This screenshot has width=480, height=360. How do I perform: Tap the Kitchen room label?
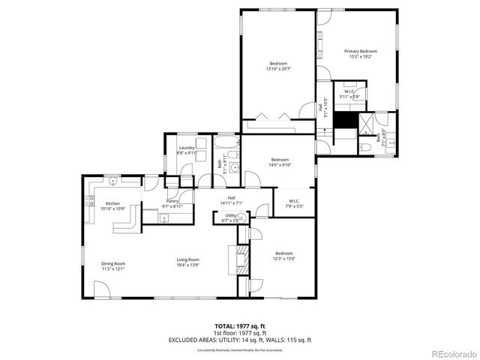(112, 203)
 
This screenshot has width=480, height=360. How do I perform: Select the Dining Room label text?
(113, 263)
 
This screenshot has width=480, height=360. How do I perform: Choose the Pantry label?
(172, 202)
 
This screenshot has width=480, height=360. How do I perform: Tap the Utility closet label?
(231, 215)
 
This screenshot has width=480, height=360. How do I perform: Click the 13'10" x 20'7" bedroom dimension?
(277, 69)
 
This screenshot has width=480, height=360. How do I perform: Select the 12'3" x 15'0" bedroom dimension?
(285, 259)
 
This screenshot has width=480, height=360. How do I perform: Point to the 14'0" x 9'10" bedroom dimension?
(280, 165)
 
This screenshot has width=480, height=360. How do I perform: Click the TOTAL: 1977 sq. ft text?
(239, 325)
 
